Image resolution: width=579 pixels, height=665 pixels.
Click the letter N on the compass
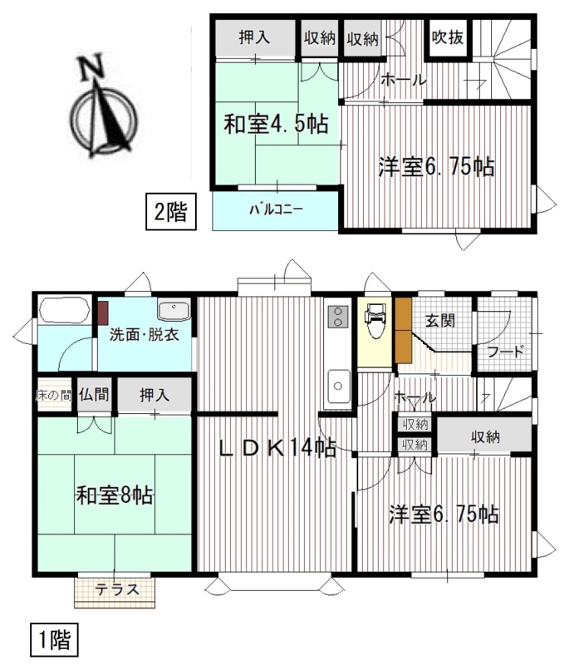(91, 67)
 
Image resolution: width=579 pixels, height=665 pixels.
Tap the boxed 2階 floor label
(171, 211)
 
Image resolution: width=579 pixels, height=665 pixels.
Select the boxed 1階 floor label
(54, 639)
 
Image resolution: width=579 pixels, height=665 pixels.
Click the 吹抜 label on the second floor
(448, 37)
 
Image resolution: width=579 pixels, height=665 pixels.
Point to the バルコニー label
(276, 209)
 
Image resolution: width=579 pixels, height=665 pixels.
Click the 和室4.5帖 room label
(277, 123)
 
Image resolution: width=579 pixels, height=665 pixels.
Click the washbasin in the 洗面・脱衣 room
(174, 311)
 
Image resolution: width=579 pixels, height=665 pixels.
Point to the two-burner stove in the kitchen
(338, 317)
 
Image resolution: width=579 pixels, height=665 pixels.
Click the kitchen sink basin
(338, 386)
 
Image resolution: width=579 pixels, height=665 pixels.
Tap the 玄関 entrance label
(440, 321)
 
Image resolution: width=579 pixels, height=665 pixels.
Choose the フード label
(507, 352)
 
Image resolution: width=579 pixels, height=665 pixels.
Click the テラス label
(117, 589)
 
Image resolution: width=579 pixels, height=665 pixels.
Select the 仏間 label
(94, 394)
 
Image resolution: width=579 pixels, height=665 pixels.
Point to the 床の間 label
(53, 396)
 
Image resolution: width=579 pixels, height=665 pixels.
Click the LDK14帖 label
(277, 448)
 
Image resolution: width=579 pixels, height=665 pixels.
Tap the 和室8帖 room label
(115, 495)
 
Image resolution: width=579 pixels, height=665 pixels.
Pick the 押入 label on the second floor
(254, 37)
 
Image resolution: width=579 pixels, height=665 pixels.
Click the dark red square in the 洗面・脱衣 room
(104, 313)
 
